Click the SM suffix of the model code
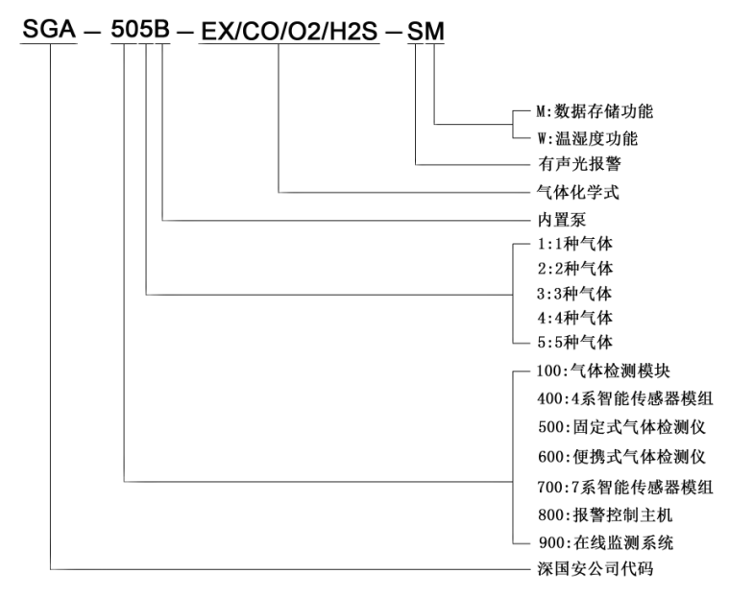coord(426,31)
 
